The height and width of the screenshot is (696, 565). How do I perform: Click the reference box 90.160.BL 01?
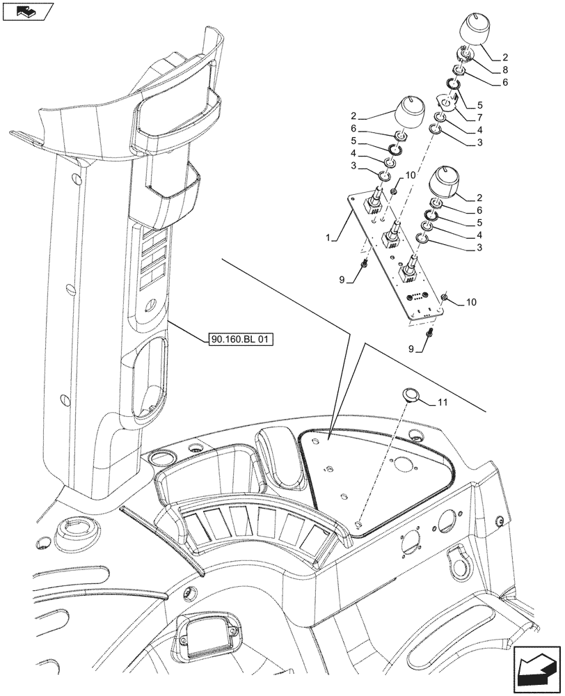click(241, 340)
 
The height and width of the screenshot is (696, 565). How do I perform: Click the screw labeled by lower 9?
click(429, 334)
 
